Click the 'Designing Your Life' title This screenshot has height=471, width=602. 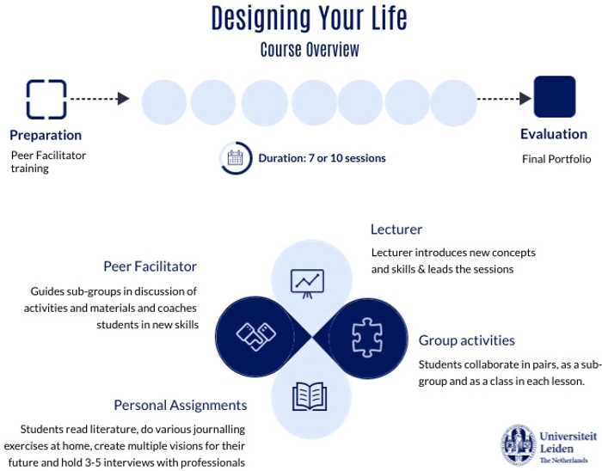tap(309, 18)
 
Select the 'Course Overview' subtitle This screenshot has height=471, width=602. tap(310, 50)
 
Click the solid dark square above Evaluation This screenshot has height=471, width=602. tap(555, 96)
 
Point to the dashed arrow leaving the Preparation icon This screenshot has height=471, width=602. tap(100, 99)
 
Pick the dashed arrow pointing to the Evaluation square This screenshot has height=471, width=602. tap(504, 99)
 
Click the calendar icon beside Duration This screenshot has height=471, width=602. tap(236, 157)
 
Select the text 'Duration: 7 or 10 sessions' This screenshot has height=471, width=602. tap(322, 158)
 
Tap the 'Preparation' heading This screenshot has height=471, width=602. tap(46, 136)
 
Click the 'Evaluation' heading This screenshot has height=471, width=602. tap(554, 134)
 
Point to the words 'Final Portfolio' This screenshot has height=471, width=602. tap(556, 159)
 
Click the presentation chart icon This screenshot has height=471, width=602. tap(307, 284)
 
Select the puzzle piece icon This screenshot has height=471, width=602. tap(367, 338)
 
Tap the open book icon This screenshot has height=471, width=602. tap(310, 396)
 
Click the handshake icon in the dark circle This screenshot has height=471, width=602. tap(256, 336)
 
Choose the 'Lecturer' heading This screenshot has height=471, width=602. tap(396, 229)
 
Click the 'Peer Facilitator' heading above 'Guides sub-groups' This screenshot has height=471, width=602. tap(150, 266)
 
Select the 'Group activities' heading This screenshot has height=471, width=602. tap(466, 340)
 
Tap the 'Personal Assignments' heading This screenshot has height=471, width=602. tap(181, 405)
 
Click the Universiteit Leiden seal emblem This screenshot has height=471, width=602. tap(519, 445)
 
